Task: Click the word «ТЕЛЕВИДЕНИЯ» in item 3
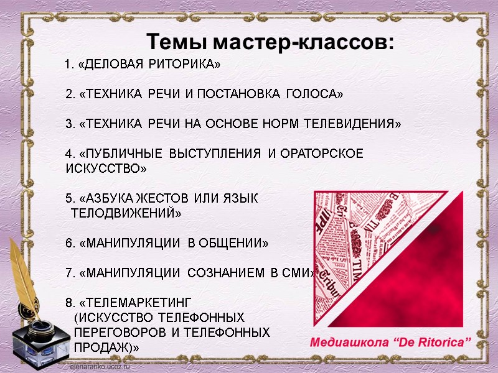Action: tap(353, 124)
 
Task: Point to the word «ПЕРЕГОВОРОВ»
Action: tap(118, 333)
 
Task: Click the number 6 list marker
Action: tap(69, 243)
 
